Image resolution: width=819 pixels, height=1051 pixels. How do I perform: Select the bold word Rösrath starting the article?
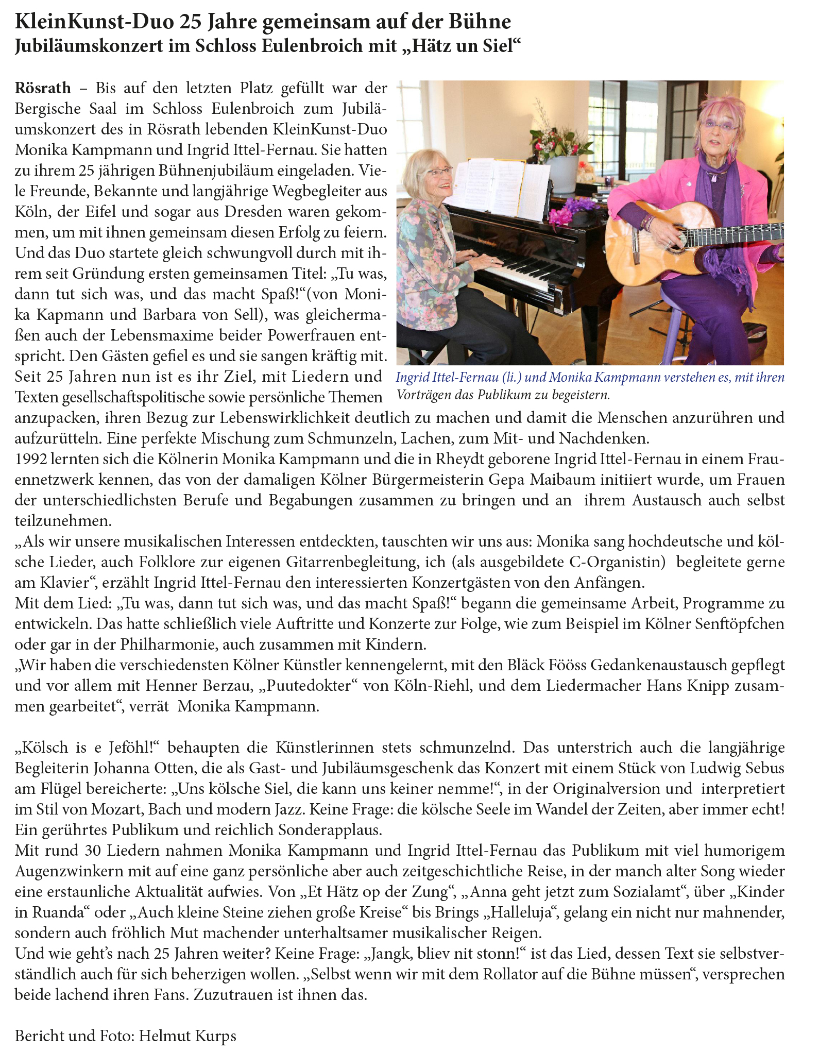tap(43, 88)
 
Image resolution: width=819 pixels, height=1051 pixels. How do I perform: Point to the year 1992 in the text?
tap(31, 459)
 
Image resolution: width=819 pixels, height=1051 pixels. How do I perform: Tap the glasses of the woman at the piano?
tap(439, 172)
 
